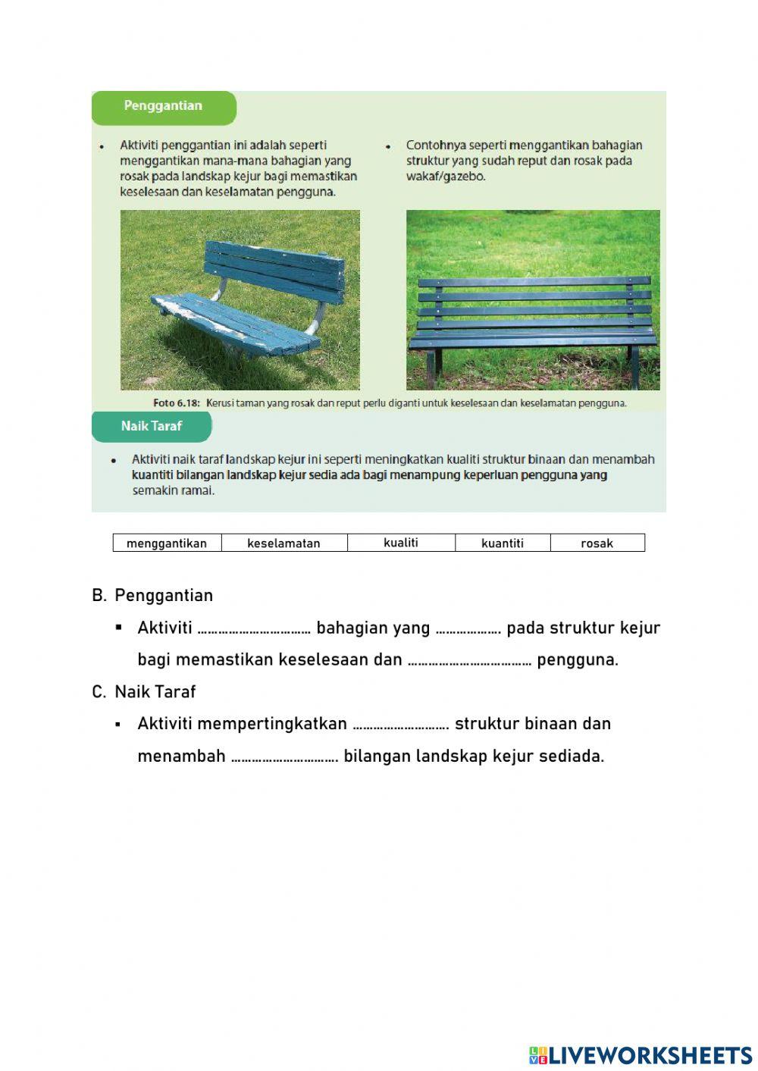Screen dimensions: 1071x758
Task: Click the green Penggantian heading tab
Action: pyautogui.click(x=163, y=106)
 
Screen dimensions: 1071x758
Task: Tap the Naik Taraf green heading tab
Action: pyautogui.click(x=152, y=426)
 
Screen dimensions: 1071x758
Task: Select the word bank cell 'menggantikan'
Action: pyautogui.click(x=167, y=543)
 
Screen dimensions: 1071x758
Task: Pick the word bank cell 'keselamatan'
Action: pyautogui.click(x=283, y=543)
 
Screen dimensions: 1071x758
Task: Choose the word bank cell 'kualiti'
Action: pyautogui.click(x=401, y=543)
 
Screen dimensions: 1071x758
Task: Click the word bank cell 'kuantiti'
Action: pyautogui.click(x=503, y=543)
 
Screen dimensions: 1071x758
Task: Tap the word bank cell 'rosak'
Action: pyautogui.click(x=597, y=543)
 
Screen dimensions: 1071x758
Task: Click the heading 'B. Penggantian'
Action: pyautogui.click(x=152, y=595)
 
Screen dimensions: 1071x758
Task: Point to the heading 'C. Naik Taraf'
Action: pyautogui.click(x=144, y=691)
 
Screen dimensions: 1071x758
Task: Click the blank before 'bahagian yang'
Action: pyautogui.click(x=254, y=629)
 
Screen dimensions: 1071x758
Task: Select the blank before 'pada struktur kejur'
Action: pyautogui.click(x=468, y=629)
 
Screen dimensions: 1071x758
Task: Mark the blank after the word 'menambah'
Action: pyautogui.click(x=284, y=757)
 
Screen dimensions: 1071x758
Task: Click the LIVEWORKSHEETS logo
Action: pyautogui.click(x=641, y=1055)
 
